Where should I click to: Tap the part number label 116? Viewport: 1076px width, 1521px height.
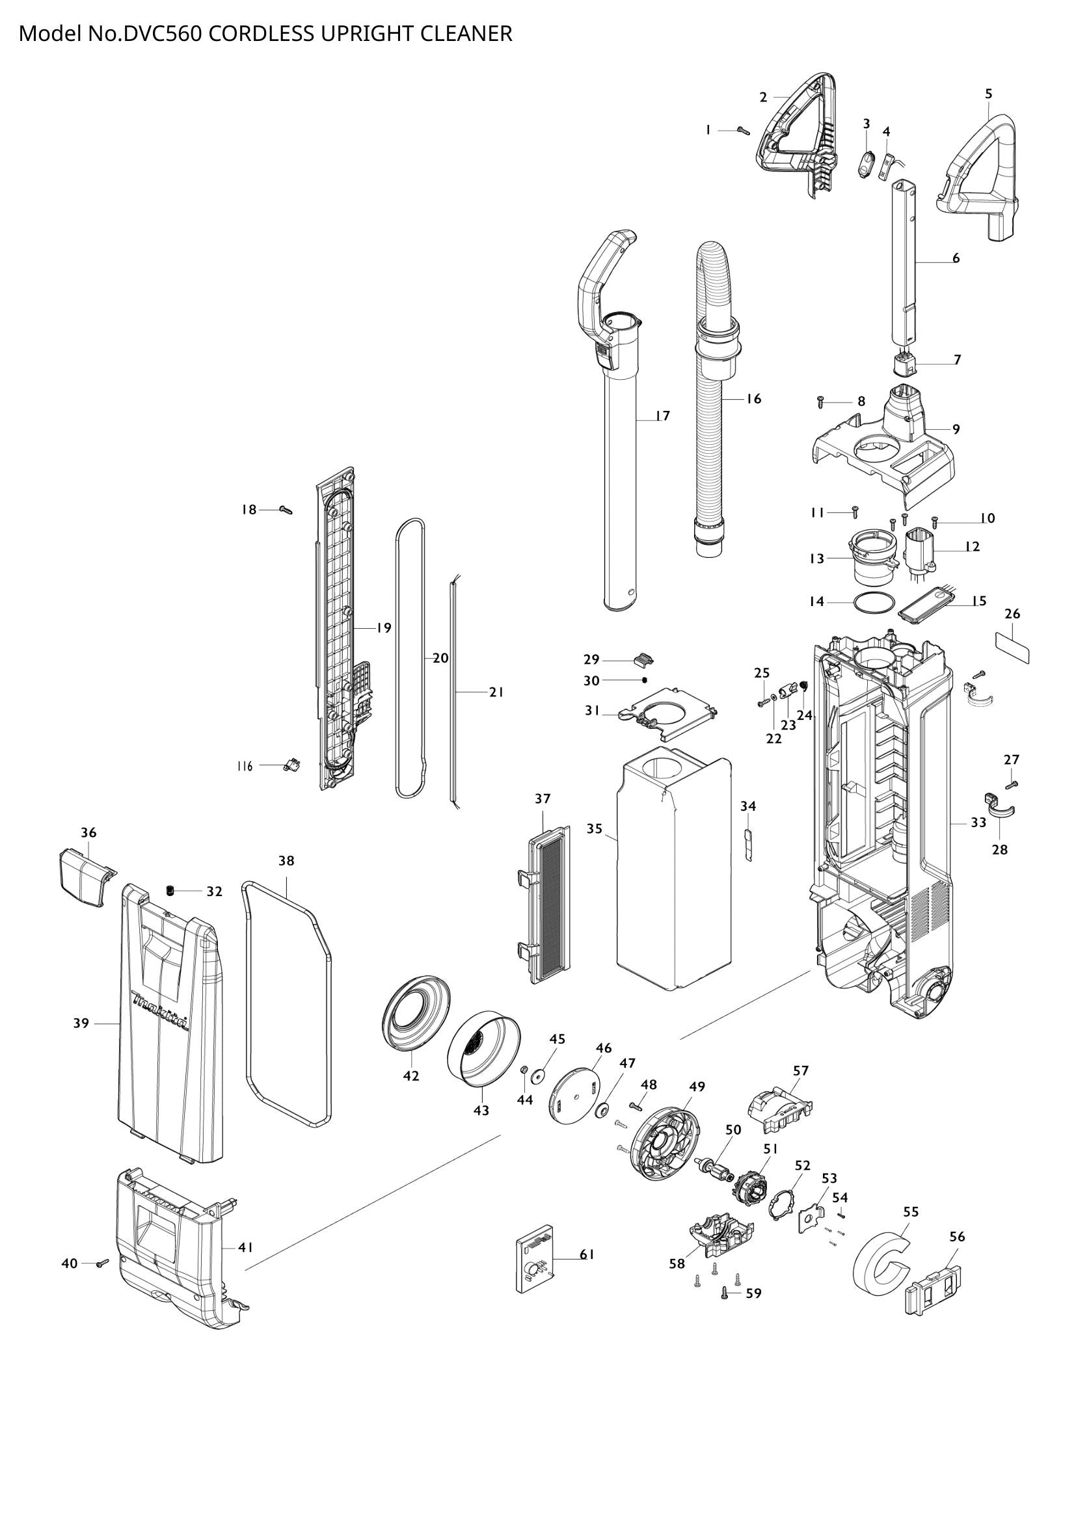click(x=245, y=767)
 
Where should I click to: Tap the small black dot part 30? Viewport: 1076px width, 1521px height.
click(x=644, y=680)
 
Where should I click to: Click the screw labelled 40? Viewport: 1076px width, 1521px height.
click(x=103, y=1263)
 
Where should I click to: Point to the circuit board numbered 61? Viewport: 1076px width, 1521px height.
click(x=535, y=1259)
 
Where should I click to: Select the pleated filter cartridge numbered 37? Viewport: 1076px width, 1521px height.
click(x=549, y=905)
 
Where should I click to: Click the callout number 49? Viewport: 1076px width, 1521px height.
click(x=696, y=1087)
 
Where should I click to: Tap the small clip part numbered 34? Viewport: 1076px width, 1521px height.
click(x=749, y=845)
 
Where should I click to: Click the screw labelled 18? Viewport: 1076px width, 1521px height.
click(x=286, y=510)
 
